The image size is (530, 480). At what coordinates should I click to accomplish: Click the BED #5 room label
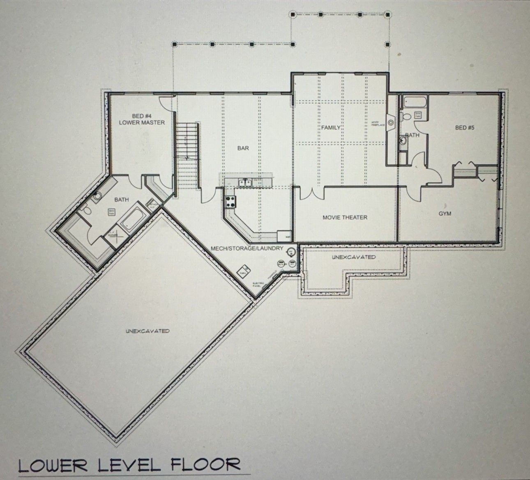click(465, 128)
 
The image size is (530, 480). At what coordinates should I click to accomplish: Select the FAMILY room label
click(331, 127)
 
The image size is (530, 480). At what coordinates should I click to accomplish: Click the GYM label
click(445, 214)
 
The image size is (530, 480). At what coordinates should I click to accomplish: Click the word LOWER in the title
click(49, 465)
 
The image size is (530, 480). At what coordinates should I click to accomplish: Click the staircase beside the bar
click(187, 156)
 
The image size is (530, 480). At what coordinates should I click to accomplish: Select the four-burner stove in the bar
click(230, 201)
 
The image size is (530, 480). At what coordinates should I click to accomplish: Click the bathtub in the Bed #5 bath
click(415, 101)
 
